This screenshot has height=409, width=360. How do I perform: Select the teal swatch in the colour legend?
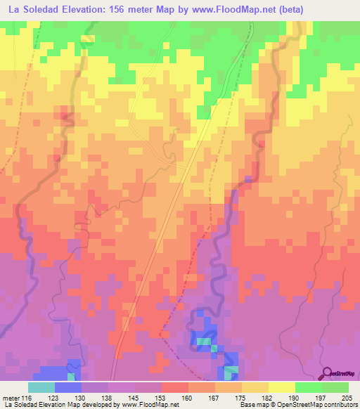tap(41, 387)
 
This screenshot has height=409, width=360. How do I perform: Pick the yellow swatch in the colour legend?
tap(282, 387)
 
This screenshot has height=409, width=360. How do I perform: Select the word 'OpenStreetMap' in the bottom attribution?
tap(304, 405)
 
